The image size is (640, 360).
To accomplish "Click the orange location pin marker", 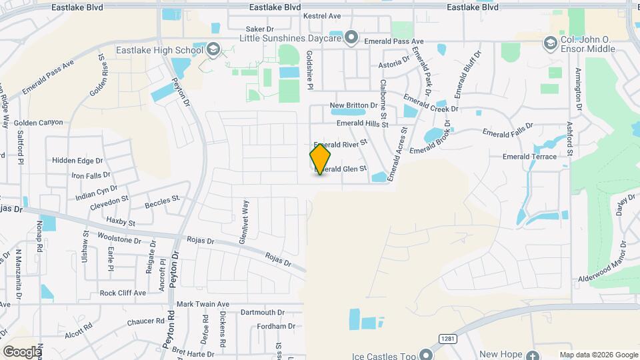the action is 320,159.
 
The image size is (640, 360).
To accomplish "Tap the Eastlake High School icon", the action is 213,49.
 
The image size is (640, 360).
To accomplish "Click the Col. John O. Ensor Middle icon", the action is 551,43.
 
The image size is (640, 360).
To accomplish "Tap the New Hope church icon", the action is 533,354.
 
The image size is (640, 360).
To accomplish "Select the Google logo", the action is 22,351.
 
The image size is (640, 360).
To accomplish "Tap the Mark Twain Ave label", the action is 203,304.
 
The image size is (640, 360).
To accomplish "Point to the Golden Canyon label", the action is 38,123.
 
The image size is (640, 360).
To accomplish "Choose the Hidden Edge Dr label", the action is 77,161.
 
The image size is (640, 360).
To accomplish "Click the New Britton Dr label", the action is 354,106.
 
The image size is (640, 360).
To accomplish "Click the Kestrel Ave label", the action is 321,15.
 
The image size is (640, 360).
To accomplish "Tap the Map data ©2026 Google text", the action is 598,355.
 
